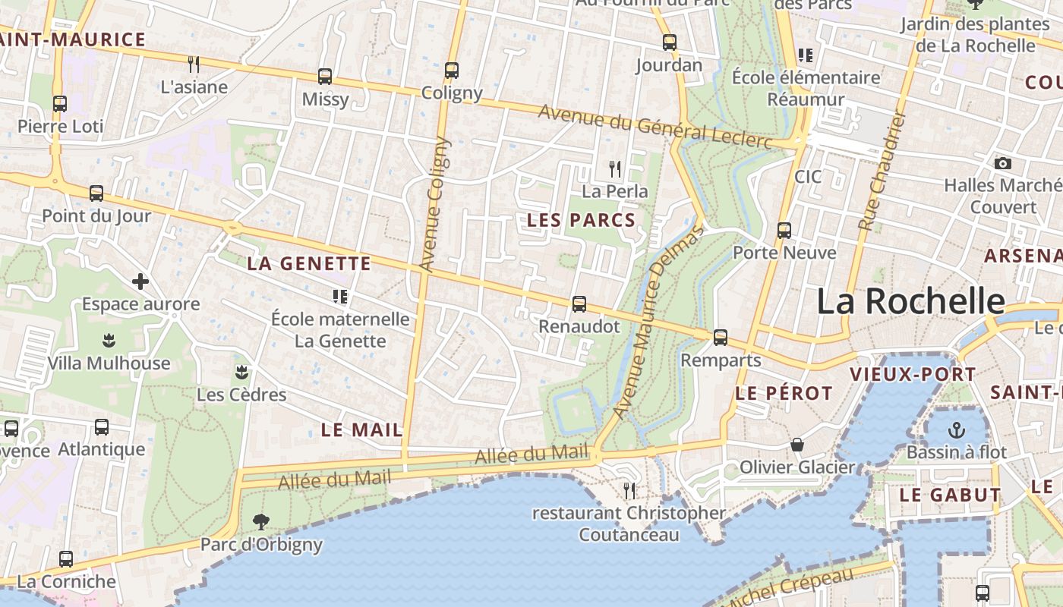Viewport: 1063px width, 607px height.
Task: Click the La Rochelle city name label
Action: pos(910,301)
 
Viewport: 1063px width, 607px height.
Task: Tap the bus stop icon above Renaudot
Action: pos(579,304)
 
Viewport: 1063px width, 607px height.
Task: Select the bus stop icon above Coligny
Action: pos(452,71)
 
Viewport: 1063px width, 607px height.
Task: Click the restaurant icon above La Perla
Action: pos(615,168)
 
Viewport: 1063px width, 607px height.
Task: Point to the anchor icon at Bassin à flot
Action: pos(957,430)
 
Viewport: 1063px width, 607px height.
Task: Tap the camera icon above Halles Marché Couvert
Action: pos(1002,163)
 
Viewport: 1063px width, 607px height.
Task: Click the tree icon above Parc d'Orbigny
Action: pos(261,522)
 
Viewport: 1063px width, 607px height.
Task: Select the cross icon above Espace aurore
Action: pos(140,281)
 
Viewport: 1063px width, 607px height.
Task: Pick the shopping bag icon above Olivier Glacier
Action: pos(797,445)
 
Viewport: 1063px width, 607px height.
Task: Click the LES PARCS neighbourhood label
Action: pos(581,220)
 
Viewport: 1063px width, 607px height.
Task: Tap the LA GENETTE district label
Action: pos(309,264)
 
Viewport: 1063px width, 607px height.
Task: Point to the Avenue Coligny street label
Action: pos(435,203)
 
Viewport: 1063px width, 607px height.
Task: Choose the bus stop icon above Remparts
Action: pos(721,337)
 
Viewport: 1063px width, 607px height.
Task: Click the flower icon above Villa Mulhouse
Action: pos(109,341)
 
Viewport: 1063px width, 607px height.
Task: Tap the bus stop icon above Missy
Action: pos(325,77)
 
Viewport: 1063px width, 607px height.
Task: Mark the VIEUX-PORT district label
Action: pos(913,374)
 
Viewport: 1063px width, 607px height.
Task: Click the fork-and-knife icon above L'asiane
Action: pos(194,64)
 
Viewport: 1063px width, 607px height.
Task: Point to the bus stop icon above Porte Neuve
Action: pos(784,230)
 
